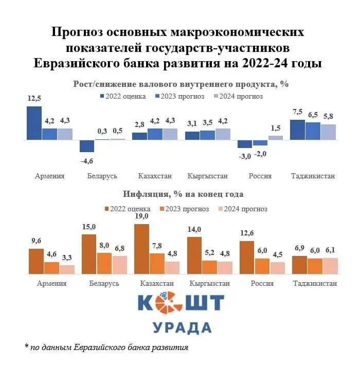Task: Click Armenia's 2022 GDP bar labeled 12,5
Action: point(34,123)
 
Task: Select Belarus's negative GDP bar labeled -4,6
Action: point(87,146)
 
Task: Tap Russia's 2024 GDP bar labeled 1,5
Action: point(276,137)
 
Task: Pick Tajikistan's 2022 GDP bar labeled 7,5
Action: point(297,130)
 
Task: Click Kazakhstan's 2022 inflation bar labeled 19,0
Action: point(141,249)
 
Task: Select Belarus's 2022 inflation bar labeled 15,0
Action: point(89,254)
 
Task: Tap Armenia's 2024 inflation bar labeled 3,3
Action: point(67,269)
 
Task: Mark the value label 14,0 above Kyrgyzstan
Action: point(194,230)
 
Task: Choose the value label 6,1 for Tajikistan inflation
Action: point(329,250)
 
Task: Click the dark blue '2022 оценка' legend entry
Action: point(122,96)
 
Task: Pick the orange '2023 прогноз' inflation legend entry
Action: point(184,209)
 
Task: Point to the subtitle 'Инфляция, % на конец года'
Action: point(183,194)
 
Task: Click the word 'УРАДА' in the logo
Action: point(182,327)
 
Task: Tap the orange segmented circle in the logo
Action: point(169,303)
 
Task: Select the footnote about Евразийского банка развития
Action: point(106,347)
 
